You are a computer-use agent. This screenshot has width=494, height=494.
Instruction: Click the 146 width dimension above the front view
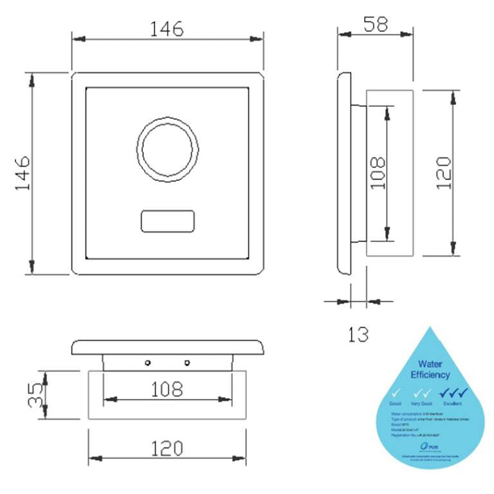coord(167,29)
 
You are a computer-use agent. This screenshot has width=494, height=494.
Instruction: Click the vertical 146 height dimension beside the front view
coord(23,172)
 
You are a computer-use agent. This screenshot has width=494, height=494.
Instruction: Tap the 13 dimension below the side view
coord(358,334)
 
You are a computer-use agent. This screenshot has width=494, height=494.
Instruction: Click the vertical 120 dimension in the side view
coord(443,172)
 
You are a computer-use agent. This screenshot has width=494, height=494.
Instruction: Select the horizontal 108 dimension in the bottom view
coord(167,389)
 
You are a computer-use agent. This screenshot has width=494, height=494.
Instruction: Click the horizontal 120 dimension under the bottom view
coord(167,448)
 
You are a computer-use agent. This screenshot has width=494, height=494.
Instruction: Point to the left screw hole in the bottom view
coord(147,363)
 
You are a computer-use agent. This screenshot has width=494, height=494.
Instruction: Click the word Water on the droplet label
coord(430,363)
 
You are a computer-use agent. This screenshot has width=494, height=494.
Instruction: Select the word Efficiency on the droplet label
coord(430,374)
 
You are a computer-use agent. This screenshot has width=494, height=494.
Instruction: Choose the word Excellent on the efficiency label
coord(453,403)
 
